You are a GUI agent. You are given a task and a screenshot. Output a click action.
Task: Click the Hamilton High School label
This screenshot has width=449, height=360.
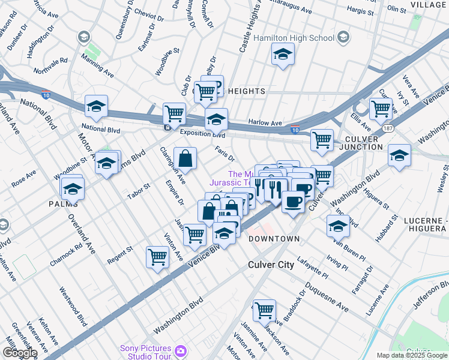click(x=294, y=38)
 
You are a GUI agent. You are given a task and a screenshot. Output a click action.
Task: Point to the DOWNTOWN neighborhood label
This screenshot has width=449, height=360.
click(x=274, y=239)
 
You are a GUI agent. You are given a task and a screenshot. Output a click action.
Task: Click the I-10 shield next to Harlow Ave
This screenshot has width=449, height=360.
click(x=294, y=129)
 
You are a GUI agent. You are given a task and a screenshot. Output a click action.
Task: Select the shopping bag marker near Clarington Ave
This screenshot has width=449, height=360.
click(x=185, y=158)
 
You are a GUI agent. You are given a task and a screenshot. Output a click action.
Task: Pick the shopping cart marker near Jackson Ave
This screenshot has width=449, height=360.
click(x=264, y=310)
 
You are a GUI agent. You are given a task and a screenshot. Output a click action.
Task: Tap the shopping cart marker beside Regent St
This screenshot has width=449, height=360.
click(x=157, y=257)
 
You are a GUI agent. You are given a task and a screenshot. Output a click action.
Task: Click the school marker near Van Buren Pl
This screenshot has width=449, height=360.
click(x=338, y=226)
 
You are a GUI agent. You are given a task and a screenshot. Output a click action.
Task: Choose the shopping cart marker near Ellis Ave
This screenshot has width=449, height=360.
click(x=381, y=109)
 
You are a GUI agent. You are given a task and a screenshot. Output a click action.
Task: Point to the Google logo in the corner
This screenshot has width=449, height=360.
click(x=19, y=353)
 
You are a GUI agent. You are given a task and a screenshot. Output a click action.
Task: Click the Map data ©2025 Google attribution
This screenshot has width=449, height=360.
click(x=412, y=355)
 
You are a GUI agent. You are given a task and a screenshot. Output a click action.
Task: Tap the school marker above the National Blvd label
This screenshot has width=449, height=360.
click(x=96, y=107)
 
